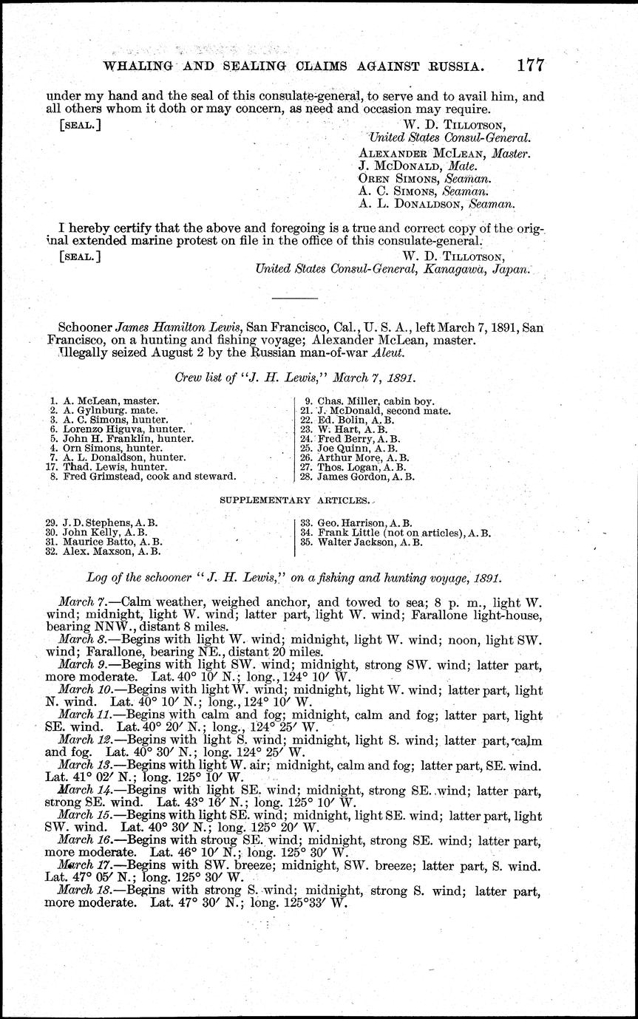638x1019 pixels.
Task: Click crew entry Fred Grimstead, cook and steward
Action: (x=143, y=477)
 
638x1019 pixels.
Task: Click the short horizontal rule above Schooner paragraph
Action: (x=295, y=297)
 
